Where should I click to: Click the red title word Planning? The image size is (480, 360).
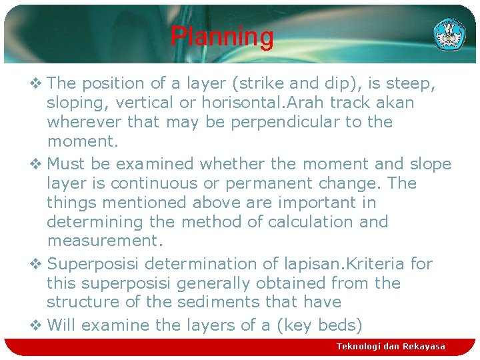pyautogui.click(x=221, y=37)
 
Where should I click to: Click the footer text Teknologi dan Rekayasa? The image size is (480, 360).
pyautogui.click(x=391, y=347)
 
